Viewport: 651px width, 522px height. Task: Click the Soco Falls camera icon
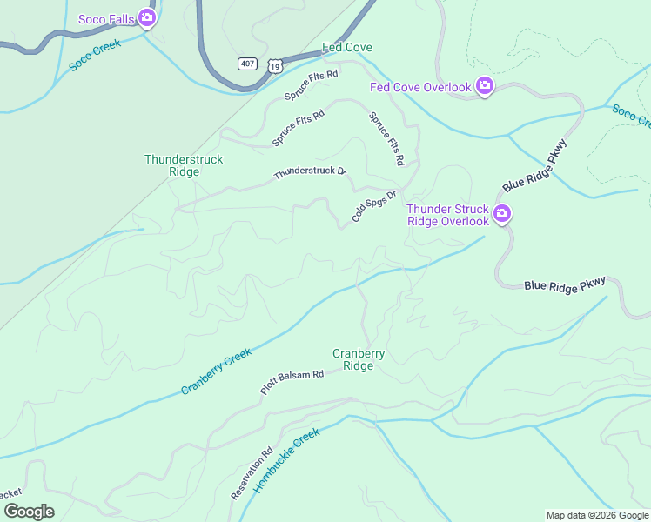[147, 18]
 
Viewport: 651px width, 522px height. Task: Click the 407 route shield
[248, 64]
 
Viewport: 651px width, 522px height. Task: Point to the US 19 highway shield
[275, 64]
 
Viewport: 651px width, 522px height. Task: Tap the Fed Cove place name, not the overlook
[347, 47]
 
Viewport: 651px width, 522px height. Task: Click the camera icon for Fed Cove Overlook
[485, 86]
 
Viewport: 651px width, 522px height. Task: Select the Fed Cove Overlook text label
[420, 86]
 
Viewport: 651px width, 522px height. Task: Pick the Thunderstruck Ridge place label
[184, 165]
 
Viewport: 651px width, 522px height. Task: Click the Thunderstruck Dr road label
[310, 173]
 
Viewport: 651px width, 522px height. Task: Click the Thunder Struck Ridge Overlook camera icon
[502, 214]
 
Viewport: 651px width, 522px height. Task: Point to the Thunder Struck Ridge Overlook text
[448, 215]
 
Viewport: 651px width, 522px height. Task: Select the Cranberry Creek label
[217, 371]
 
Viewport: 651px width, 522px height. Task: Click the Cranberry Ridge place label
[358, 359]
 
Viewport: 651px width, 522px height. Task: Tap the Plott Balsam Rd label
[292, 383]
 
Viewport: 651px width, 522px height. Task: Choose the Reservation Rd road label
[252, 474]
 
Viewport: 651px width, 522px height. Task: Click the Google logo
[29, 512]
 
